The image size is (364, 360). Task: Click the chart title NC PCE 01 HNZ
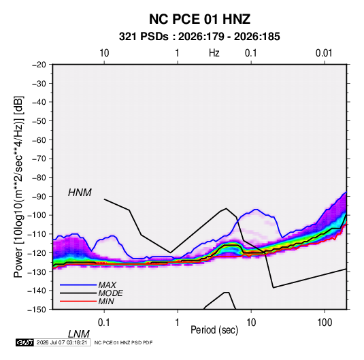point(199,19)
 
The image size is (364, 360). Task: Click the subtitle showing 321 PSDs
point(199,37)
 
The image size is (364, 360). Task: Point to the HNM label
point(80,193)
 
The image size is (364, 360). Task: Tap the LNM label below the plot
point(78,334)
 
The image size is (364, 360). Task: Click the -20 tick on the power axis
point(39,65)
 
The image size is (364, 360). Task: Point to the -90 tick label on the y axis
point(39,197)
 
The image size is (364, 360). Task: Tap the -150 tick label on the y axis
point(37,310)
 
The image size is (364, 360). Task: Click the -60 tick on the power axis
point(39,140)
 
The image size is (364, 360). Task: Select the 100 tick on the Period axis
point(325,323)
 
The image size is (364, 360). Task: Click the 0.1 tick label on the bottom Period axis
point(104,323)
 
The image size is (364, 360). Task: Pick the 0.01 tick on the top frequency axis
point(324,53)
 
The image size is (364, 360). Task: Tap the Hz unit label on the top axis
point(214,53)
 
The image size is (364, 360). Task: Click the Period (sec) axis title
point(214,330)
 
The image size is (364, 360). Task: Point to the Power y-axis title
point(18,187)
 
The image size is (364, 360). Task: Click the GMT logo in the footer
point(24,342)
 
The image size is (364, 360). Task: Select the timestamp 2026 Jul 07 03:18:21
point(62,342)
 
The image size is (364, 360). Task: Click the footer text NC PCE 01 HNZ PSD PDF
point(123,342)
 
